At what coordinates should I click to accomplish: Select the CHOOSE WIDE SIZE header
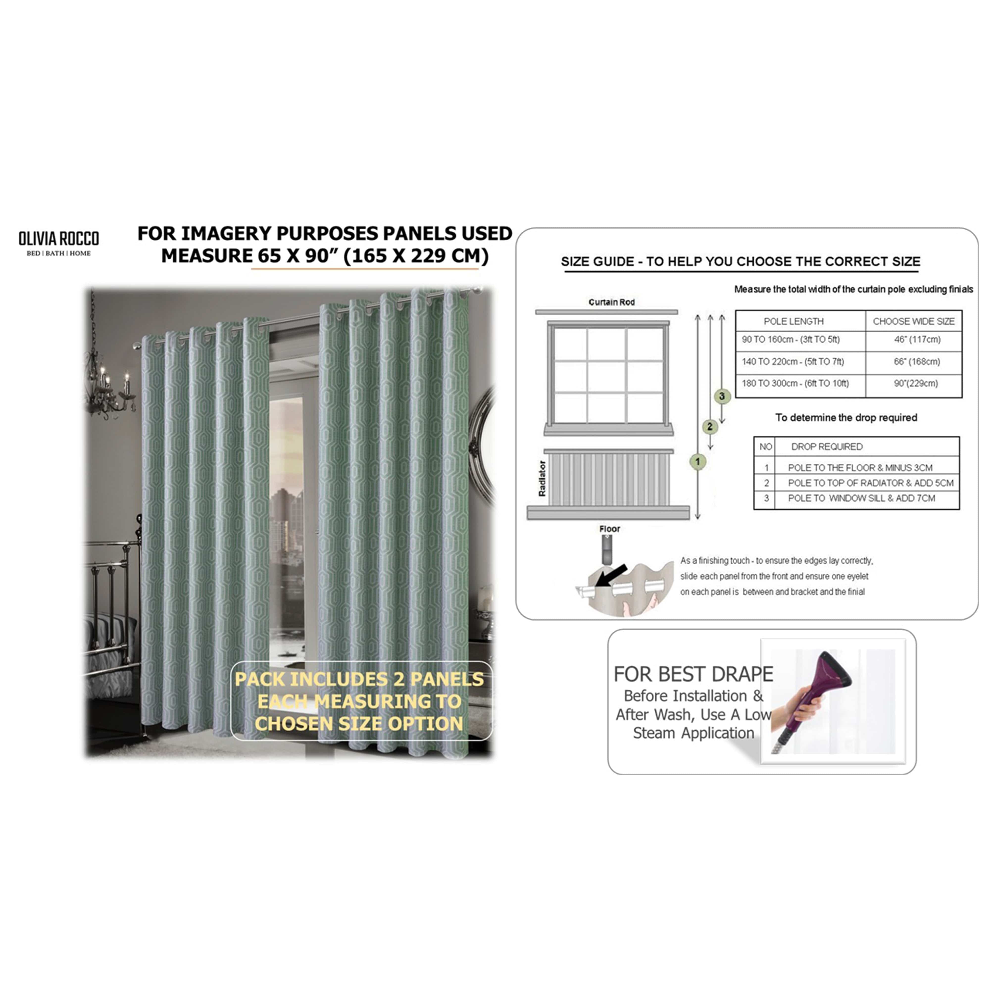point(914,321)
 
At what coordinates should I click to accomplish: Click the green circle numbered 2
point(710,426)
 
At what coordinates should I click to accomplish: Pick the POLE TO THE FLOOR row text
point(860,467)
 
